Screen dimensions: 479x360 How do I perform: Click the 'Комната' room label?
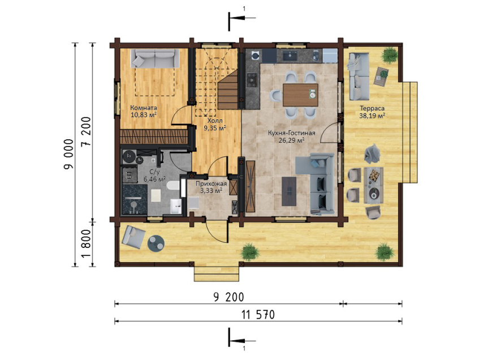point(144,108)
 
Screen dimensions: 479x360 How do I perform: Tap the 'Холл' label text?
point(215,121)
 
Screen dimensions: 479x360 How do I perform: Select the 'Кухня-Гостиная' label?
point(291,134)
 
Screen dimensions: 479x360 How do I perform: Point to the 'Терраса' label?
point(372,108)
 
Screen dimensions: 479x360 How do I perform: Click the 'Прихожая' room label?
point(211,184)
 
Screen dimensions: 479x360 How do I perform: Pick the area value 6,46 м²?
point(154,179)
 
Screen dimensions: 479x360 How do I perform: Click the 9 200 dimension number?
point(229,297)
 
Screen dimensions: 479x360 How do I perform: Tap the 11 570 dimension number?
point(258,314)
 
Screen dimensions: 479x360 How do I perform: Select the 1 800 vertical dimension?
point(87,244)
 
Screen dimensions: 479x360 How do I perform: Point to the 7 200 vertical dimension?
point(87,131)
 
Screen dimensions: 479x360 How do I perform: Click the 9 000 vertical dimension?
point(69,154)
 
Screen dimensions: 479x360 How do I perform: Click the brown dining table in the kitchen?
point(301,95)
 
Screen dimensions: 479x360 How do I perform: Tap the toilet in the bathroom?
point(173,186)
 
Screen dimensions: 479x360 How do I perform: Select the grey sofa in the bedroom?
point(155,58)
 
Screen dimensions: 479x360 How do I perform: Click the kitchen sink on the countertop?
point(290,56)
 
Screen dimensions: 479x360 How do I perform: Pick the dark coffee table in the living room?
point(288,191)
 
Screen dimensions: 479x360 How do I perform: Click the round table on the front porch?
point(156,243)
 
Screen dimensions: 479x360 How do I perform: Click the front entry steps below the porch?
point(217,274)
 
